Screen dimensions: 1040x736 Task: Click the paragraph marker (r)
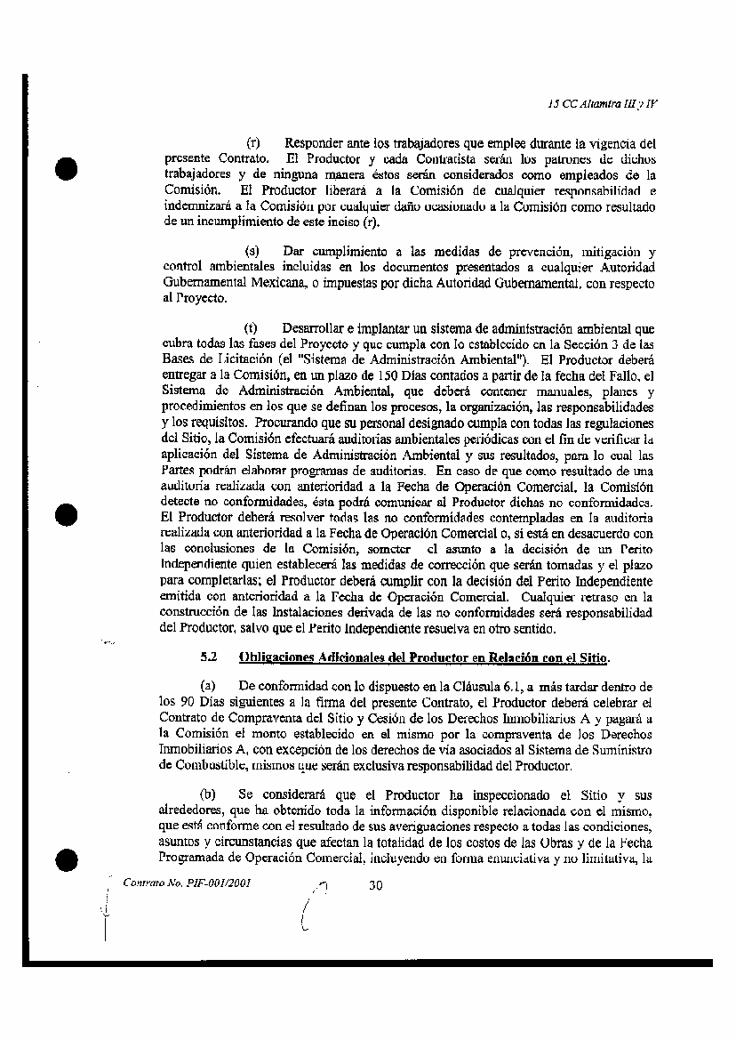tap(252, 142)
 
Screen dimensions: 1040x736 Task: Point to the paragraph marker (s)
tap(252, 254)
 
